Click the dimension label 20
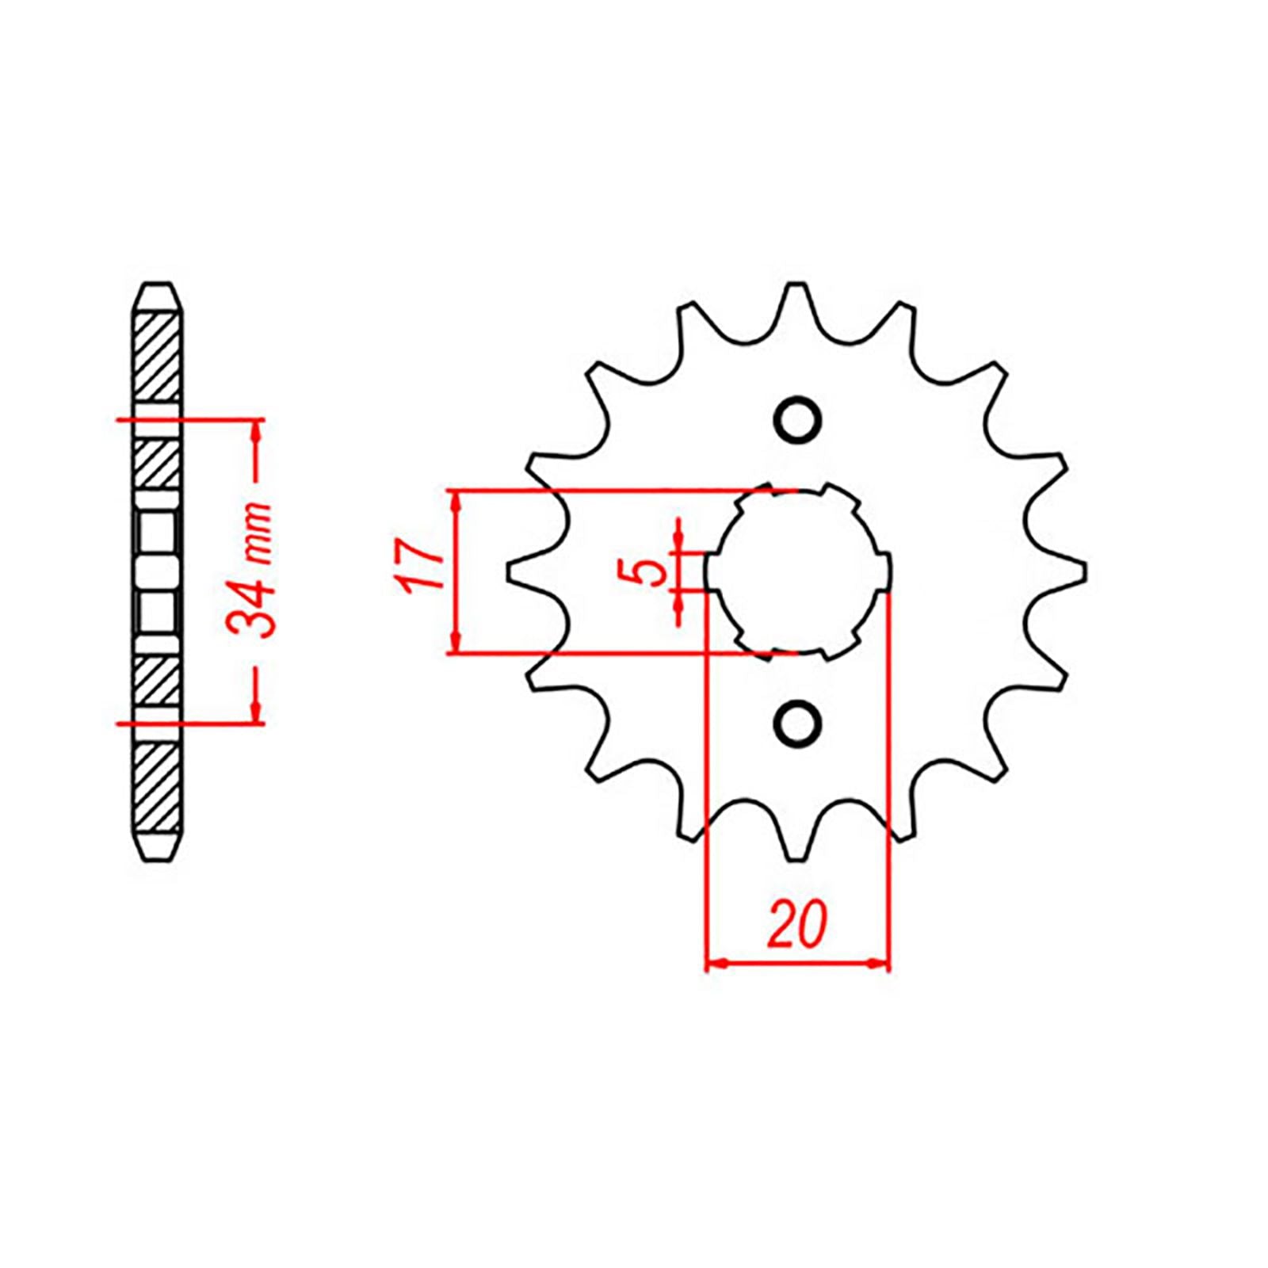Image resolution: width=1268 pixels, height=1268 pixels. tap(797, 924)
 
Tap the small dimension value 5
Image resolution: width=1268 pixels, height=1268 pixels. tap(651, 570)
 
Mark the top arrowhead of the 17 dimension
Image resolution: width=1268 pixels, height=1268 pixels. tap(455, 502)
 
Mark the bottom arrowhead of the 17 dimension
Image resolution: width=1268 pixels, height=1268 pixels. tap(455, 643)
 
